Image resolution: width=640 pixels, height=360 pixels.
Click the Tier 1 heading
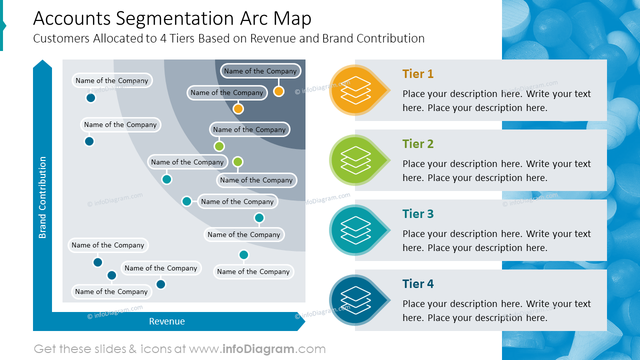click(417, 74)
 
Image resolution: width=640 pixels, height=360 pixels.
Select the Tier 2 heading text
click(417, 144)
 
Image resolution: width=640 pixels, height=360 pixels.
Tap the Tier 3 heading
click(417, 214)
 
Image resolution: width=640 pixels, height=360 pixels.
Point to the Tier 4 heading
click(417, 284)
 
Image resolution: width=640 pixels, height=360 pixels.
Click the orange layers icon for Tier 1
click(355, 90)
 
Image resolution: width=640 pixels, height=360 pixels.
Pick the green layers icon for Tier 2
click(355, 160)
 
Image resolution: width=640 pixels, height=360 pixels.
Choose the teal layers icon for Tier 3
click(355, 230)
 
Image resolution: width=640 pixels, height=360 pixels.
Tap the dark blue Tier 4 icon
click(355, 300)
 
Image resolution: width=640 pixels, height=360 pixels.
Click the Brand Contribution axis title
click(42, 197)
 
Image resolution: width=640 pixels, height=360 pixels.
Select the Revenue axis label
click(167, 321)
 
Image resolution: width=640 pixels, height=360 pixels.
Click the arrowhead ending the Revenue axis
click(300, 321)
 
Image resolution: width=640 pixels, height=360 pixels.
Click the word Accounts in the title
click(71, 18)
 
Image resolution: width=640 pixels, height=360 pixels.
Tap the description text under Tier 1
click(496, 100)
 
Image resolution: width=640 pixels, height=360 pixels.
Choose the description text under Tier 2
click(496, 170)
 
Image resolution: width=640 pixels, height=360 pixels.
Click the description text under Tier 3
click(496, 240)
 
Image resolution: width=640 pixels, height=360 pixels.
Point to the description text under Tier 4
click(496, 310)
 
